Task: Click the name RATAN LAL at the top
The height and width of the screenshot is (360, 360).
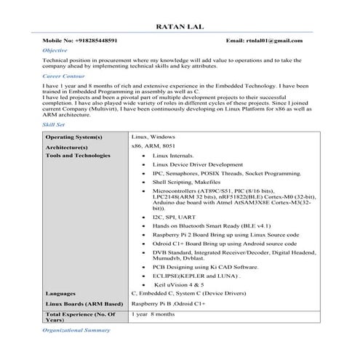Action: click(x=180, y=27)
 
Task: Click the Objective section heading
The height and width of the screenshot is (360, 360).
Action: click(x=55, y=50)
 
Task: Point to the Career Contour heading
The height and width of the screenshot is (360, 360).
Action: click(x=63, y=76)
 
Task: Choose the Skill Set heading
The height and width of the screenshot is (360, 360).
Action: click(x=54, y=125)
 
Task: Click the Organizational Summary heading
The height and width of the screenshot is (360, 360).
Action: click(x=76, y=329)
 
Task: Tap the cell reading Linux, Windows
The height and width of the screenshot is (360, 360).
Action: click(x=153, y=137)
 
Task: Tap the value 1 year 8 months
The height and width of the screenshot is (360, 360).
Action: click(x=153, y=313)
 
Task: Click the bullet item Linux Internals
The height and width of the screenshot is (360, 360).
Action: click(x=173, y=156)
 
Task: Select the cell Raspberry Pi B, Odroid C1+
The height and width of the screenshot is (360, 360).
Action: click(x=168, y=302)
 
